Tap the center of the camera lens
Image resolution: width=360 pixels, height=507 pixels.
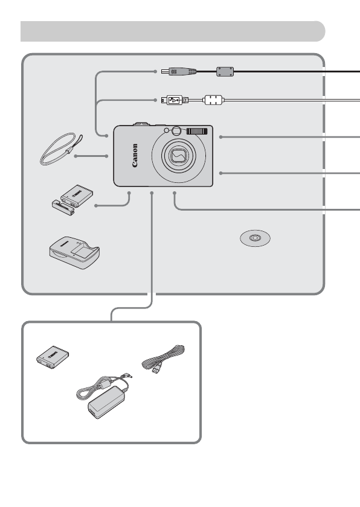tap(177, 157)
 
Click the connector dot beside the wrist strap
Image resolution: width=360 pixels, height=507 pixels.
tap(75, 156)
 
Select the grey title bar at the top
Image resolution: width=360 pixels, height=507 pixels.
tap(172, 31)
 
